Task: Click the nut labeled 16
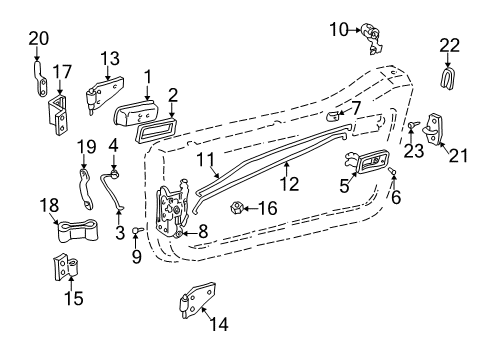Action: coord(238,209)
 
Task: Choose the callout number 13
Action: coord(110,57)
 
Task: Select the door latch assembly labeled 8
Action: coord(173,210)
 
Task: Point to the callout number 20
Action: coord(38,39)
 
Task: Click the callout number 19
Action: coord(87,146)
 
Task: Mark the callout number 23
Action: coord(412,152)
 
